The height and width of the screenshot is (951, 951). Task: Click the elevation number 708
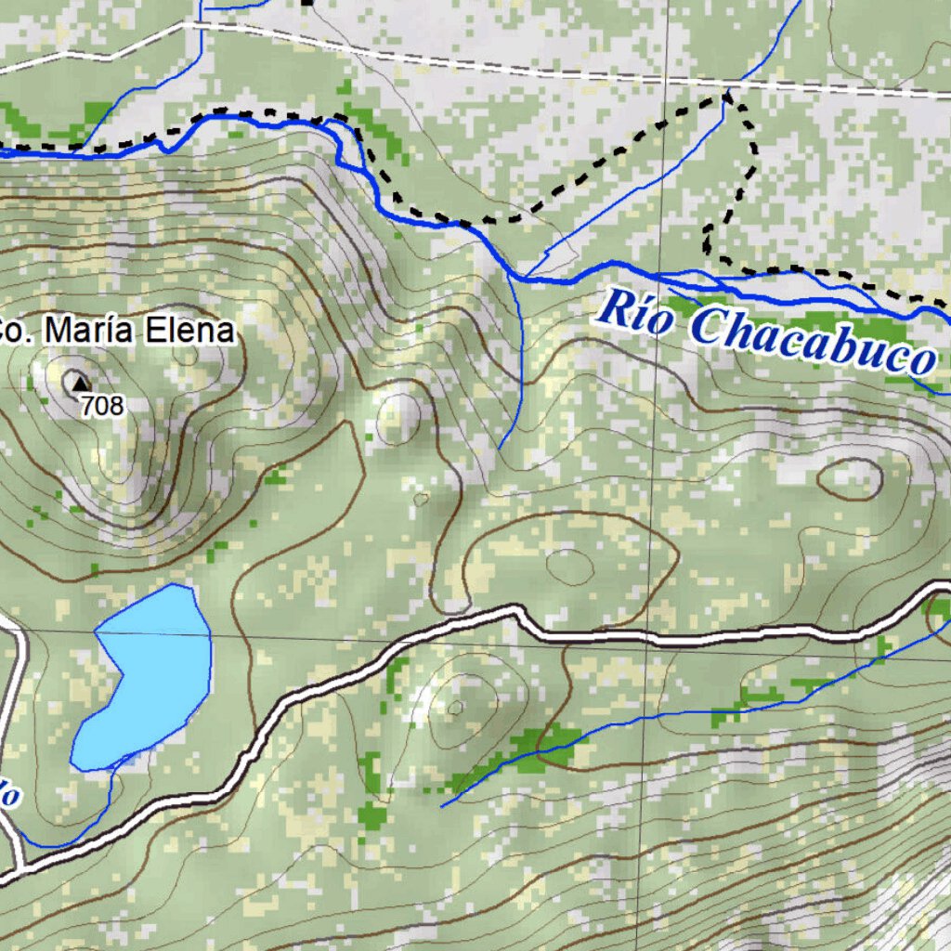tap(101, 405)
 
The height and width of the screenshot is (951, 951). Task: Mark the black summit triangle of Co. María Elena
tap(78, 382)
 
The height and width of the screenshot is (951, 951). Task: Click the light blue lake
tap(149, 678)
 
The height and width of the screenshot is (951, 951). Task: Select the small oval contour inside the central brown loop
tap(569, 566)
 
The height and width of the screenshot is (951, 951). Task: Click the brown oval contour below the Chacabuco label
tap(850, 477)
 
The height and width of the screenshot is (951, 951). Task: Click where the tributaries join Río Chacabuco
tap(520, 277)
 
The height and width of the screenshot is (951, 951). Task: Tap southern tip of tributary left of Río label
tap(500, 449)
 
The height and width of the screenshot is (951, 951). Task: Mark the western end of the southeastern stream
tap(442, 805)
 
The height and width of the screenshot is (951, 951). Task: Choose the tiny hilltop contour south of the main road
tap(455, 709)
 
